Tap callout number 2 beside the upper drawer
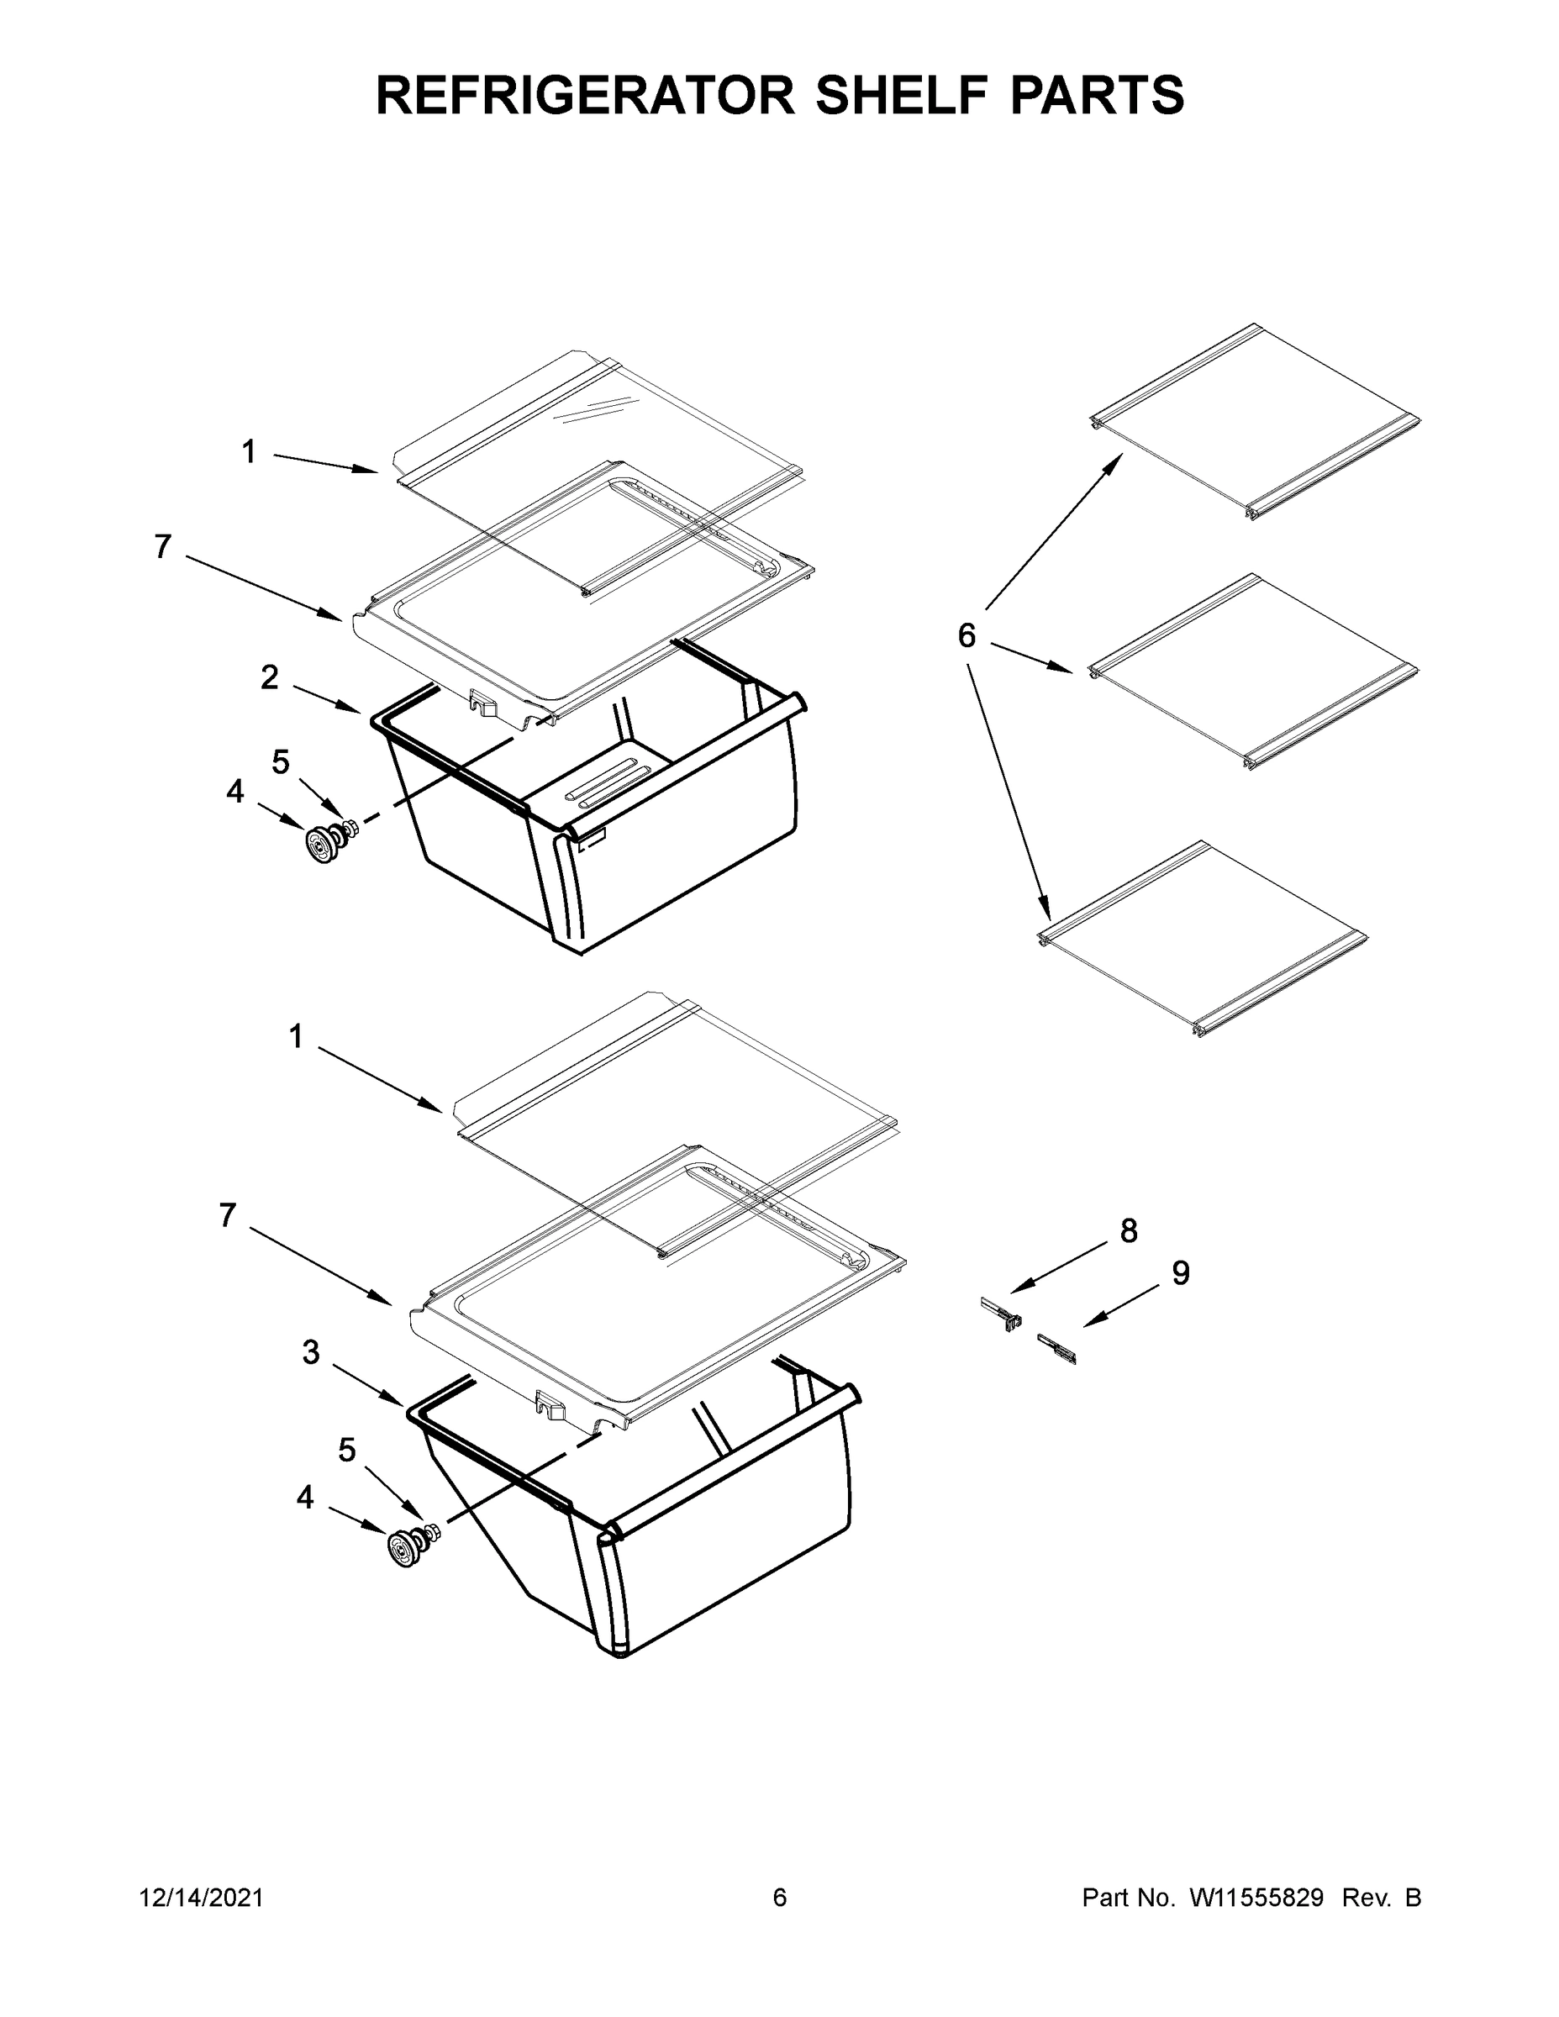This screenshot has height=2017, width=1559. click(x=269, y=678)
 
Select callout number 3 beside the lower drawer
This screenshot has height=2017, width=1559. click(x=311, y=1353)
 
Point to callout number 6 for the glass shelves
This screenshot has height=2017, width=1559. click(x=966, y=635)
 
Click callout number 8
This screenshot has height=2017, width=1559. click(x=1129, y=1231)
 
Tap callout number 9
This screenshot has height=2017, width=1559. click(x=1180, y=1273)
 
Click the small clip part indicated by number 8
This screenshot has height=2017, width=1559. click(x=1001, y=1314)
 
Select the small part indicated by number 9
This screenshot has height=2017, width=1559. click(x=1057, y=1349)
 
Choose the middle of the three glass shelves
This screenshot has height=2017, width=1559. click(x=1252, y=672)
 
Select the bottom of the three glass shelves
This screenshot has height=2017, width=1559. click(x=1203, y=940)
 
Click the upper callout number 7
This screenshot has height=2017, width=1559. click(x=162, y=548)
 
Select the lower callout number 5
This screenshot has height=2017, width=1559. click(x=346, y=1451)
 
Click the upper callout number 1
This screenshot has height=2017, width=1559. click(x=250, y=451)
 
